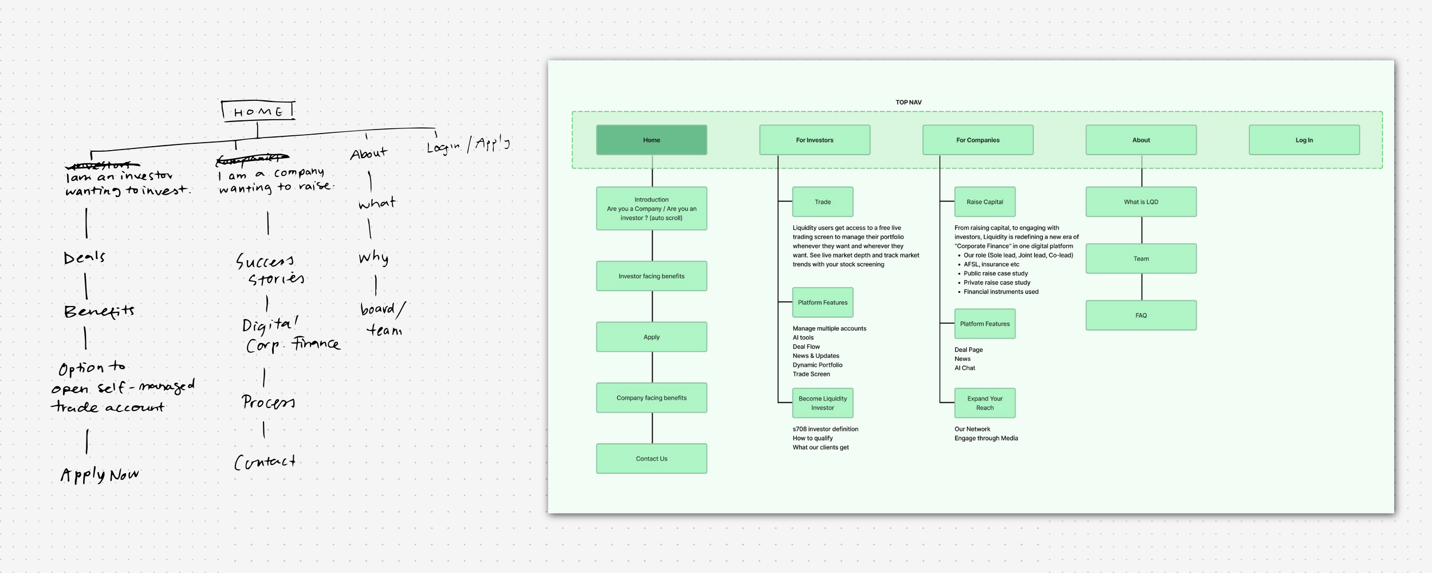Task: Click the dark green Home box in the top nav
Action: tap(651, 140)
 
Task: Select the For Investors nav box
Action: tap(815, 140)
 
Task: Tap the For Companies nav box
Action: tap(978, 140)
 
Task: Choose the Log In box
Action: tap(1304, 140)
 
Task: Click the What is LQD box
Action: tap(1141, 202)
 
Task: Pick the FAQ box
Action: tap(1141, 315)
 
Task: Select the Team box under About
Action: tap(1141, 258)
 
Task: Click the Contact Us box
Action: tap(651, 458)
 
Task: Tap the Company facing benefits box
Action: tap(651, 398)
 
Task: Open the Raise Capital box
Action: tap(985, 202)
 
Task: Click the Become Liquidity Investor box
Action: tap(823, 403)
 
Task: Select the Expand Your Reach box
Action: tap(985, 403)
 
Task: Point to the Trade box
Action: tap(823, 202)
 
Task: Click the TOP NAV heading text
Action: tap(908, 103)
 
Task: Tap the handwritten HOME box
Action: tap(258, 111)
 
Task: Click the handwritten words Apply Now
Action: tap(100, 474)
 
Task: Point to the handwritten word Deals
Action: tap(84, 257)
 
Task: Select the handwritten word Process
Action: tap(268, 402)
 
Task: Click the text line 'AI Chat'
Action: tap(965, 368)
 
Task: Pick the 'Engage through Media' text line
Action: tap(986, 438)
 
